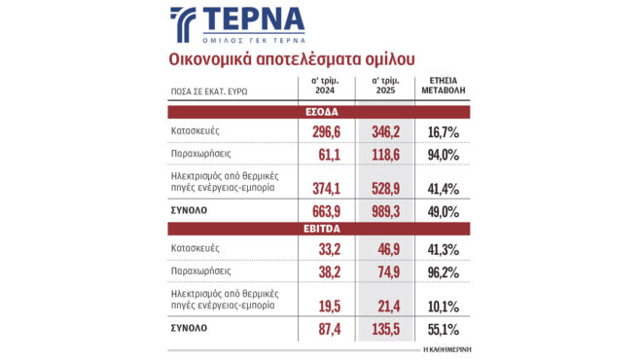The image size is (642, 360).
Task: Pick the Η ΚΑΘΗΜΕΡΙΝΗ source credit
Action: [x=446, y=347]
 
